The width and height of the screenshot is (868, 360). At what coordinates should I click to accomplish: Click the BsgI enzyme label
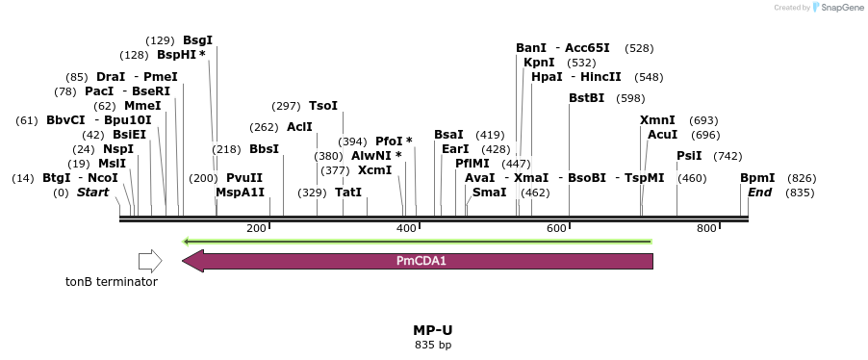pos(197,40)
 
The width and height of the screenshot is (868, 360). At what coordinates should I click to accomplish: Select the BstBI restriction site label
pos(587,98)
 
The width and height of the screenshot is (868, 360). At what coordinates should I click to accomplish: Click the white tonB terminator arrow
pos(150,261)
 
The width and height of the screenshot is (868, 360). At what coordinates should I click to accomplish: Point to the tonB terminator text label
pos(111,282)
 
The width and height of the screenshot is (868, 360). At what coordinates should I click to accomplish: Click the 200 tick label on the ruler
pos(257,228)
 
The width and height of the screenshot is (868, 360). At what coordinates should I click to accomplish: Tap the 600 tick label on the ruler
pos(556,228)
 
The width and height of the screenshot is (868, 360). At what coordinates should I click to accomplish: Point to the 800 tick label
pos(706,228)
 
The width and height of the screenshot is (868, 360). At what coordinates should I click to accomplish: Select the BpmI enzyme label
pos(757,178)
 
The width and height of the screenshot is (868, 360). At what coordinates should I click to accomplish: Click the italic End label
pos(760,193)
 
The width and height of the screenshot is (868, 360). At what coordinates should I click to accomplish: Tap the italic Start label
pos(93,193)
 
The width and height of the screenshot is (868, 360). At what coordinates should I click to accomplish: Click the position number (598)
pos(630,98)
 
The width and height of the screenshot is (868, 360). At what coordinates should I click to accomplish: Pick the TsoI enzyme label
pos(323,106)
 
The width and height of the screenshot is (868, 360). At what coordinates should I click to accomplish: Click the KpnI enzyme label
pos(539,63)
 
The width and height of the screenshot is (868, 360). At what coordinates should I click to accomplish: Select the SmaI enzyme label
pos(489,193)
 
